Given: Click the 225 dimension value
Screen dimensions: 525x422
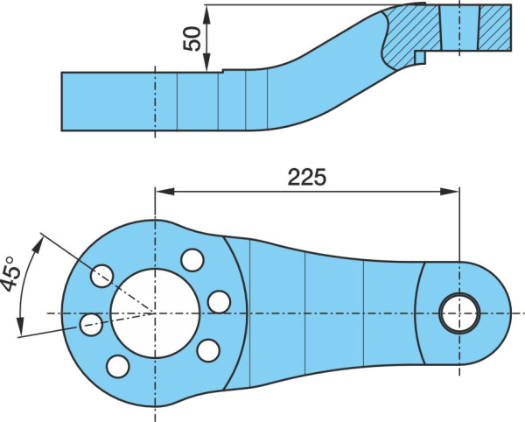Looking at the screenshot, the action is pyautogui.click(x=306, y=177).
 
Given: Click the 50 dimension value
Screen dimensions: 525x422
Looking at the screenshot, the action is pyautogui.click(x=192, y=39).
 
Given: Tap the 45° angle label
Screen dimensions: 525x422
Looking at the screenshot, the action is pyautogui.click(x=10, y=274).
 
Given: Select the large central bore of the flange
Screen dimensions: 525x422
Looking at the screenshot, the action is pyautogui.click(x=155, y=313).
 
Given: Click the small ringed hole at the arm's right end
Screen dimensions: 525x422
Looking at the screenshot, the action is pyautogui.click(x=459, y=313).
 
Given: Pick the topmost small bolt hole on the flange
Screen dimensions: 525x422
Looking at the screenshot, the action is pyautogui.click(x=192, y=260).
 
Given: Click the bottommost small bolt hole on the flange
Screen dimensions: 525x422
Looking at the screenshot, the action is pyautogui.click(x=118, y=366).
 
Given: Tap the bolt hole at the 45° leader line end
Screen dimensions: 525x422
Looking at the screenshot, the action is pyautogui.click(x=101, y=276).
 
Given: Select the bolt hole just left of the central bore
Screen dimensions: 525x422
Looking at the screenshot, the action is pyautogui.click(x=91, y=325).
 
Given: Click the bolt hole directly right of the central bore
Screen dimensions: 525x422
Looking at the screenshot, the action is pyautogui.click(x=219, y=302).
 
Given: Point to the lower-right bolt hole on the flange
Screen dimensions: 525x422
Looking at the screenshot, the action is pyautogui.click(x=208, y=351).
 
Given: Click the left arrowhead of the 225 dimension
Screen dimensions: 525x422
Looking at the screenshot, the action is pyautogui.click(x=164, y=192).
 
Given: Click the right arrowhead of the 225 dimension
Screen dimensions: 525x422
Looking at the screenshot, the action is pyautogui.click(x=450, y=192).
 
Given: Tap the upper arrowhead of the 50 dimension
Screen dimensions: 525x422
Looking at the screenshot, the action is pyautogui.click(x=207, y=14).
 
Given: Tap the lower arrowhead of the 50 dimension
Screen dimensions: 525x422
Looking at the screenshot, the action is pyautogui.click(x=207, y=62).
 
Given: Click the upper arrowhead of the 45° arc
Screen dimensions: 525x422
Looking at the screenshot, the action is pyautogui.click(x=38, y=246).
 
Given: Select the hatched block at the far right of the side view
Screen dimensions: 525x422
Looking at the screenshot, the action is pyautogui.click(x=495, y=28).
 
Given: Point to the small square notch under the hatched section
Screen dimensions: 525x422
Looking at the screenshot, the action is pyautogui.click(x=420, y=57).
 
